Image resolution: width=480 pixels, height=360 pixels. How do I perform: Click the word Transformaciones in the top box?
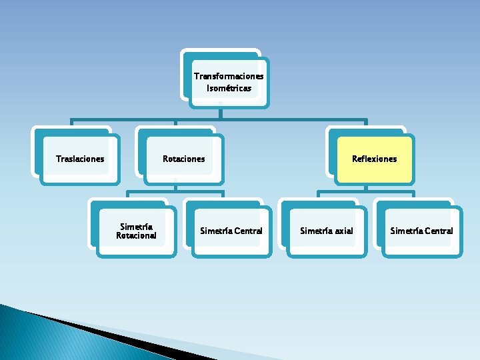tap(229, 76)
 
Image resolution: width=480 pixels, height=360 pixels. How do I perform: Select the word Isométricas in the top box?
tap(229, 88)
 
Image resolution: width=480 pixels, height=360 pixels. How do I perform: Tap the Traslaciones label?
tap(80, 159)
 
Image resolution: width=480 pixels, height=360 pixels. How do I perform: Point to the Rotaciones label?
tap(184, 159)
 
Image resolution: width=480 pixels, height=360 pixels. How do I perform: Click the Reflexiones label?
tap(374, 159)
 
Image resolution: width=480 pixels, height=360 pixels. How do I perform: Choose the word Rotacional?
tap(136, 235)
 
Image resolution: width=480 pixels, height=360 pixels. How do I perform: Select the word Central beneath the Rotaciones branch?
tap(248, 231)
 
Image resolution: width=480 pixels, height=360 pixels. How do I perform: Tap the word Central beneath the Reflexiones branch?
tap(438, 231)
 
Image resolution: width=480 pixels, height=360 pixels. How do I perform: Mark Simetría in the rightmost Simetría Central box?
tap(405, 231)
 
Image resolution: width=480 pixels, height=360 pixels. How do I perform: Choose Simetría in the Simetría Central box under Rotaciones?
tap(215, 231)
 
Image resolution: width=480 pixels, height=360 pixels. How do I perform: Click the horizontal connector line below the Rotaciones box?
tap(175, 194)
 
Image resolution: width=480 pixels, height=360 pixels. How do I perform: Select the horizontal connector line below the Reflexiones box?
tap(365, 194)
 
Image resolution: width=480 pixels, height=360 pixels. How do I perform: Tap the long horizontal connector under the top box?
tap(220, 121)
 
